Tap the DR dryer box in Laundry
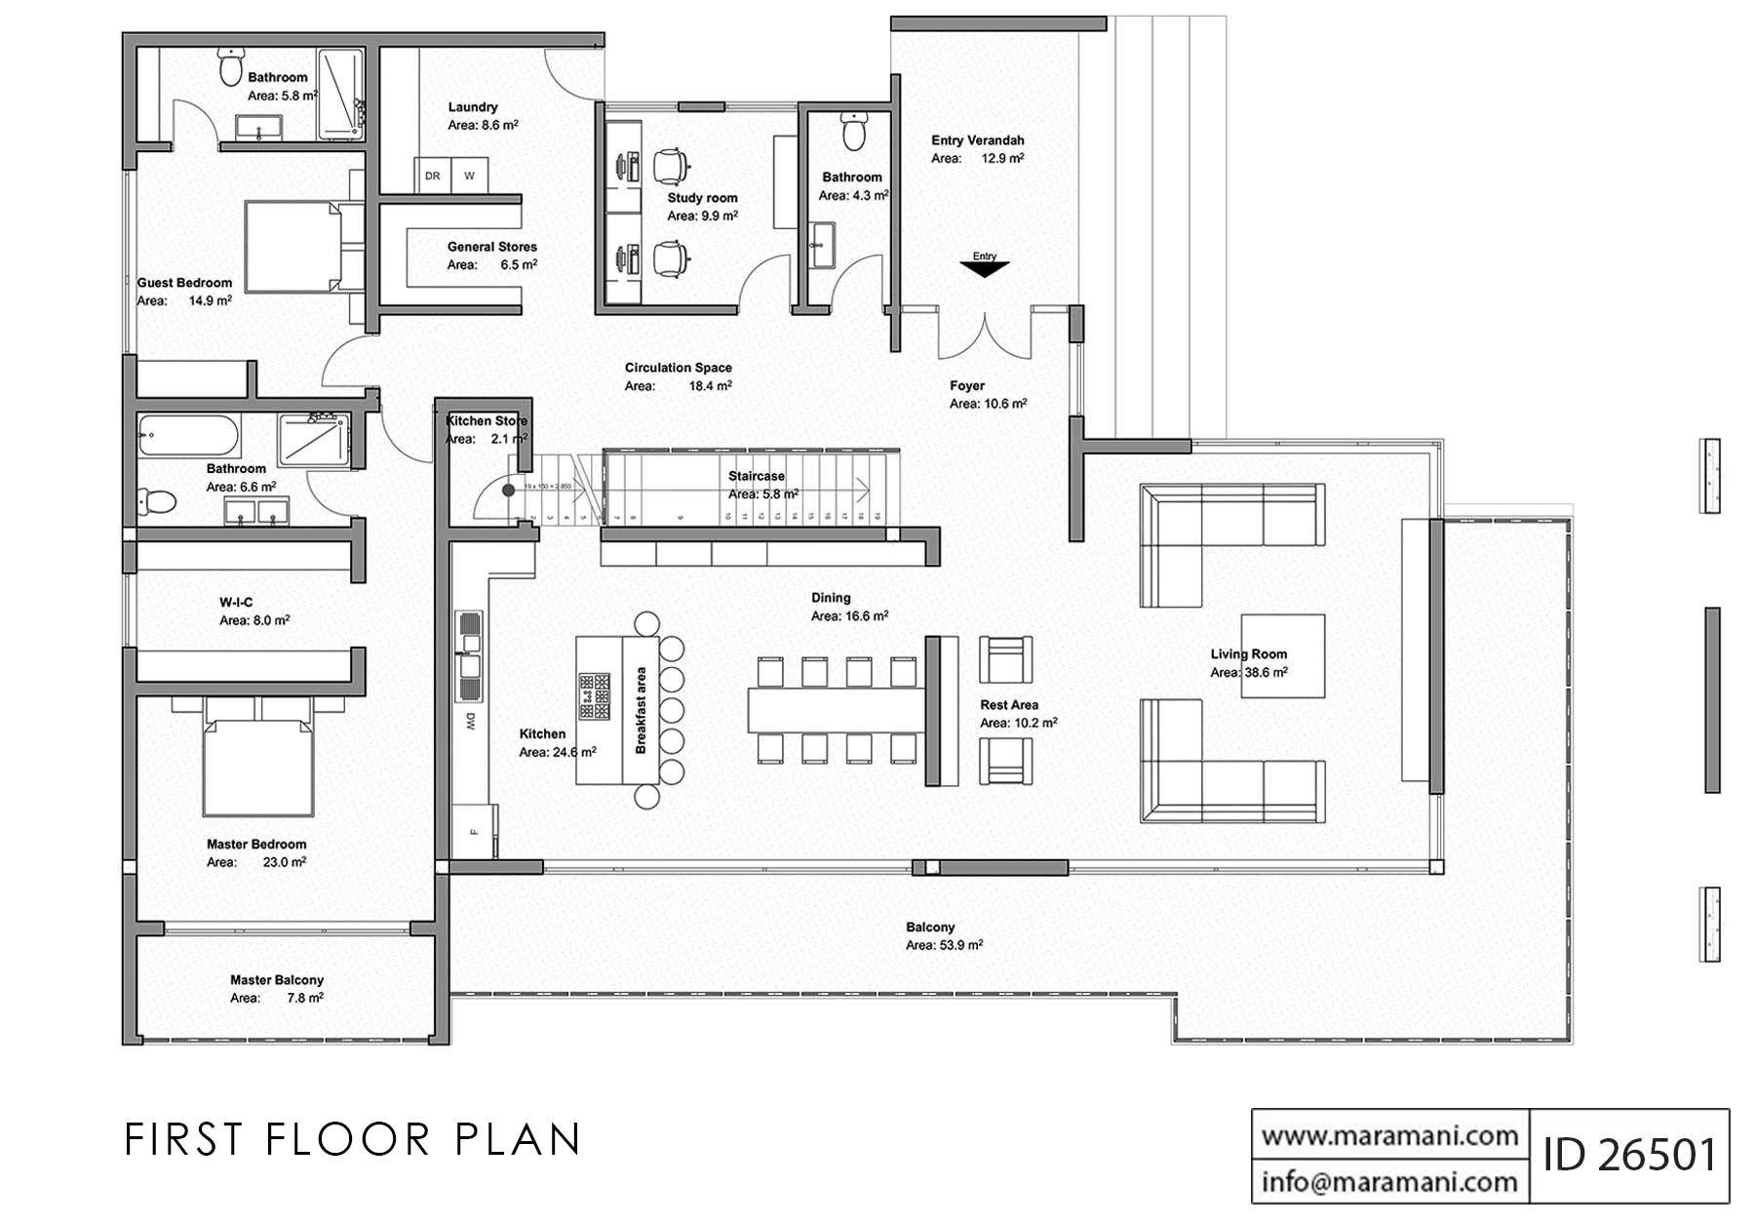point(433,176)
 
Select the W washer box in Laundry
point(470,176)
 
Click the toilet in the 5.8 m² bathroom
point(231,69)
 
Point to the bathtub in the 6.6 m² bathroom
point(189,436)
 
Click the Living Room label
point(1248,653)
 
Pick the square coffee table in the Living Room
point(1282,655)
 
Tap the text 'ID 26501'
point(1629,1155)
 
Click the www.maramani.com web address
point(1389,1135)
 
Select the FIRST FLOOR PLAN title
point(353,1139)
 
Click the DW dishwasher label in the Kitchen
point(470,722)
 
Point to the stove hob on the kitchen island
point(594,695)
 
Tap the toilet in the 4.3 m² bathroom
point(854,131)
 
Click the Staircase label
point(756,476)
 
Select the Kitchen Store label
point(486,420)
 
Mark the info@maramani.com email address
point(1389,1182)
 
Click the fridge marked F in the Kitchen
point(475,831)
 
